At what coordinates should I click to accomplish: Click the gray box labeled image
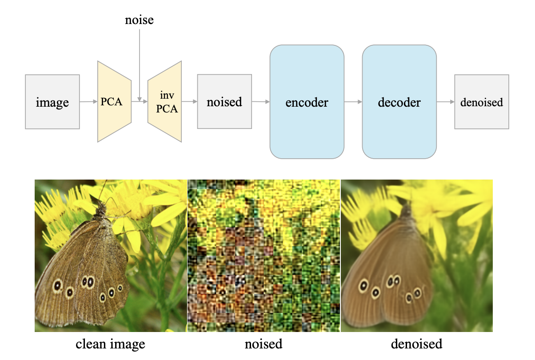52,102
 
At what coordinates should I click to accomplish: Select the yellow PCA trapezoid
114,102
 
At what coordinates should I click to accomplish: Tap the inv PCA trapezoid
165,102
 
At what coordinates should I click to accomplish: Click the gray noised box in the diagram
224,102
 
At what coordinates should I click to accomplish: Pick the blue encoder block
307,102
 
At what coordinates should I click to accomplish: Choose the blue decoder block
399,102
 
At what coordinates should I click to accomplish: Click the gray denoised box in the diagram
482,102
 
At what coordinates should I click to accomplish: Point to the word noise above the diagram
140,20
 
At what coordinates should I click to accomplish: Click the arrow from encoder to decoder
353,102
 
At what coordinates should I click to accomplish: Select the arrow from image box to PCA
88,102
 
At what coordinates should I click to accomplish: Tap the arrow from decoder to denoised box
445,102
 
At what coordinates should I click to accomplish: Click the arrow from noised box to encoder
261,102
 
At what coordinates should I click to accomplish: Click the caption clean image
111,344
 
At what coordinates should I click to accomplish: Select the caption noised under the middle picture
264,344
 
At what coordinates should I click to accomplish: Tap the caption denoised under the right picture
416,344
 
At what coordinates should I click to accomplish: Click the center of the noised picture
264,256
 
